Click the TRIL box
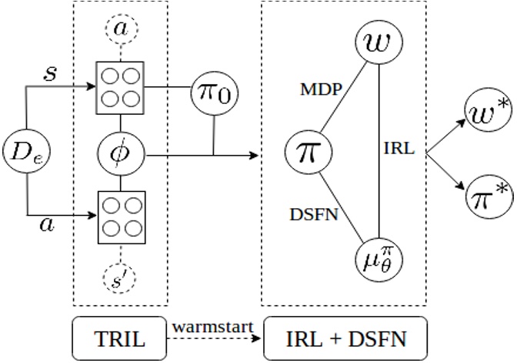click(x=119, y=338)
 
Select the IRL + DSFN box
click(x=345, y=338)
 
